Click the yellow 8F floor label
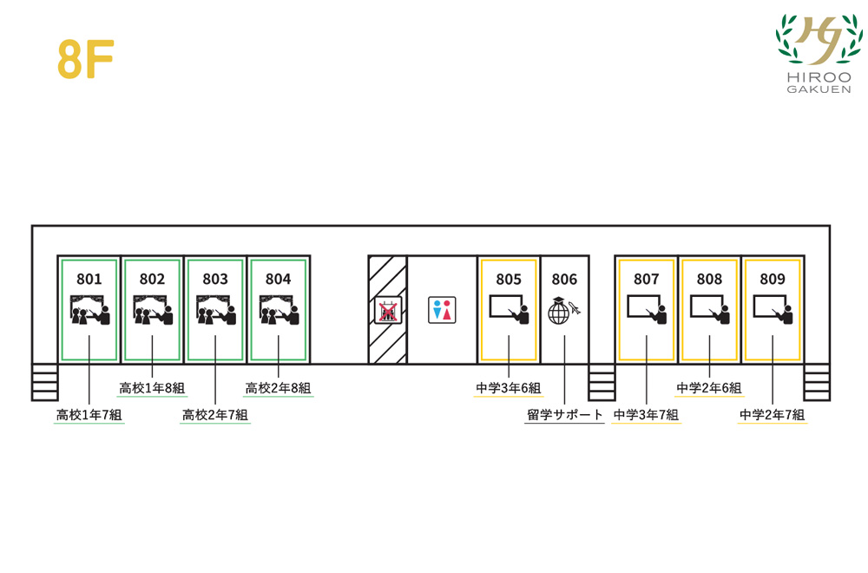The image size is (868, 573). (x=86, y=60)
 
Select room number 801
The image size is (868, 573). (x=89, y=279)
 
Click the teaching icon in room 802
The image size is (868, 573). (x=153, y=309)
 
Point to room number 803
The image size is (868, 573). (x=215, y=279)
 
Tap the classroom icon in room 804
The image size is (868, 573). (x=279, y=309)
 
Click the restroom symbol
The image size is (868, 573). (x=442, y=310)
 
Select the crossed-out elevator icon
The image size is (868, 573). (x=387, y=310)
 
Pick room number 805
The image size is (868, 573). (x=509, y=279)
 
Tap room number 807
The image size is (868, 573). (x=647, y=279)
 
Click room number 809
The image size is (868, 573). (x=773, y=279)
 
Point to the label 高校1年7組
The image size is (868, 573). (x=89, y=415)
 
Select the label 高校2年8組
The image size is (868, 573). (x=279, y=388)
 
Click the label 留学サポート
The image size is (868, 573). (x=565, y=415)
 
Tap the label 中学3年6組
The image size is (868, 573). (x=509, y=388)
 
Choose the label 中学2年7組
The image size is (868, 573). (x=773, y=415)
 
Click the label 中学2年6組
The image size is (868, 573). (x=710, y=388)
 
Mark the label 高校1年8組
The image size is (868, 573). (x=153, y=388)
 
